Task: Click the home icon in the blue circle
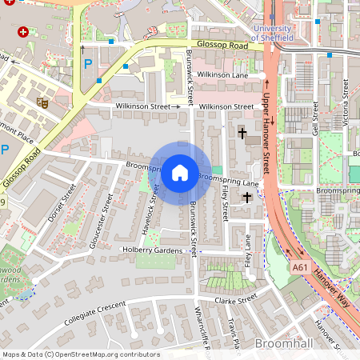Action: coord(180,172)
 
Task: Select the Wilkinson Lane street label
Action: coord(222,74)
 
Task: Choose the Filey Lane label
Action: coord(249,249)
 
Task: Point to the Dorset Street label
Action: coord(61,205)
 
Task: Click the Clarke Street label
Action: coord(235,299)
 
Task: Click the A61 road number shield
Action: coord(300,267)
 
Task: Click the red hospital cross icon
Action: coord(22,33)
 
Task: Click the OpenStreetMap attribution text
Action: coord(80,354)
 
